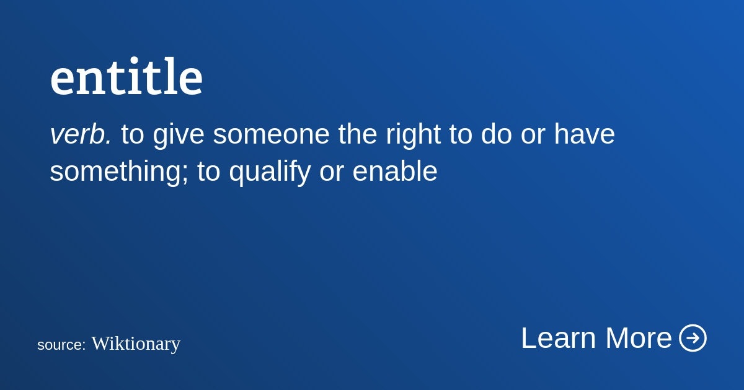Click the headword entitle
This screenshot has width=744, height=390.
click(126, 77)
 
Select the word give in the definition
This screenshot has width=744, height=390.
click(179, 136)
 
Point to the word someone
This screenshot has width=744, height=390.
click(271, 134)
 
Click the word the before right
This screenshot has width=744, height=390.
click(358, 134)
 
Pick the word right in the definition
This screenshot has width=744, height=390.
click(413, 136)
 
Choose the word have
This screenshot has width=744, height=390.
click(585, 134)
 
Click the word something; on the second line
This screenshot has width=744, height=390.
click(119, 173)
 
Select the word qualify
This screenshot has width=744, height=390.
click(270, 173)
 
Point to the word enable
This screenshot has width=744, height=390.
click(395, 171)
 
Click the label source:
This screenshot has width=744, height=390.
click(61, 345)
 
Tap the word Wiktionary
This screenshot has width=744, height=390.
click(136, 344)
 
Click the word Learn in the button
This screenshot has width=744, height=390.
click(559, 338)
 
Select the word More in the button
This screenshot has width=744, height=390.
click(639, 338)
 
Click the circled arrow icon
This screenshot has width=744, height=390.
click(693, 337)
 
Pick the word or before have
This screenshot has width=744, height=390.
click(533, 136)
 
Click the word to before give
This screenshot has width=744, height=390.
click(133, 134)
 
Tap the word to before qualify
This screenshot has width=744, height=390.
click(209, 171)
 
